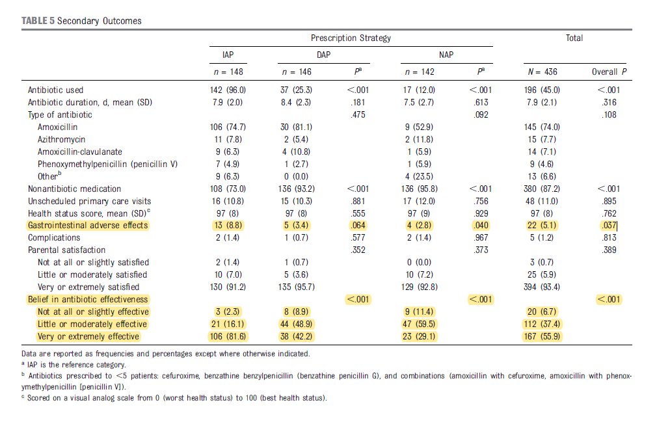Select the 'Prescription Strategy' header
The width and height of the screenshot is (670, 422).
[351, 38]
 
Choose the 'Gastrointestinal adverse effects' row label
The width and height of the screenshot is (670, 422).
[88, 226]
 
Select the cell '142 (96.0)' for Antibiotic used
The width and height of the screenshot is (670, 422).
[223, 90]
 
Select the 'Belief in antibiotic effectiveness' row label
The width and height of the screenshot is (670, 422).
[88, 300]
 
